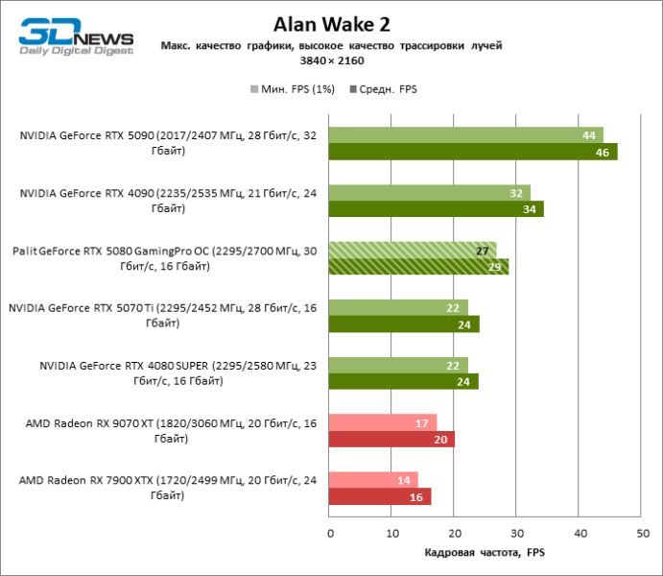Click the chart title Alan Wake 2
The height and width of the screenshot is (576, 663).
click(331, 24)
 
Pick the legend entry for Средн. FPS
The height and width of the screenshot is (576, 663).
click(383, 89)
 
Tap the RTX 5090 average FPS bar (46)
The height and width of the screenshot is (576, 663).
click(472, 152)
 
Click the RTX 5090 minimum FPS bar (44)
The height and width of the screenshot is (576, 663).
click(465, 135)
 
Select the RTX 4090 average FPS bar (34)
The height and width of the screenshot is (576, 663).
click(436, 209)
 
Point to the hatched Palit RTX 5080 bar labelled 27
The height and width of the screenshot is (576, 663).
click(412, 251)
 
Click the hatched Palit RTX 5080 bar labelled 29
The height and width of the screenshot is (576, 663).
click(418, 267)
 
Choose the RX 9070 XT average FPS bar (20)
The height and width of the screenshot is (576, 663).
click(391, 439)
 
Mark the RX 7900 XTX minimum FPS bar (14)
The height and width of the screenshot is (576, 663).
click(372, 480)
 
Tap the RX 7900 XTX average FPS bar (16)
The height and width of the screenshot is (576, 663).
click(379, 496)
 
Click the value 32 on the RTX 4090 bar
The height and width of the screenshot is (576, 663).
click(516, 193)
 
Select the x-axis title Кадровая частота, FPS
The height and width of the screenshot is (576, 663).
click(485, 553)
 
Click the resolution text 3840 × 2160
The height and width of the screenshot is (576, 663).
click(331, 60)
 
